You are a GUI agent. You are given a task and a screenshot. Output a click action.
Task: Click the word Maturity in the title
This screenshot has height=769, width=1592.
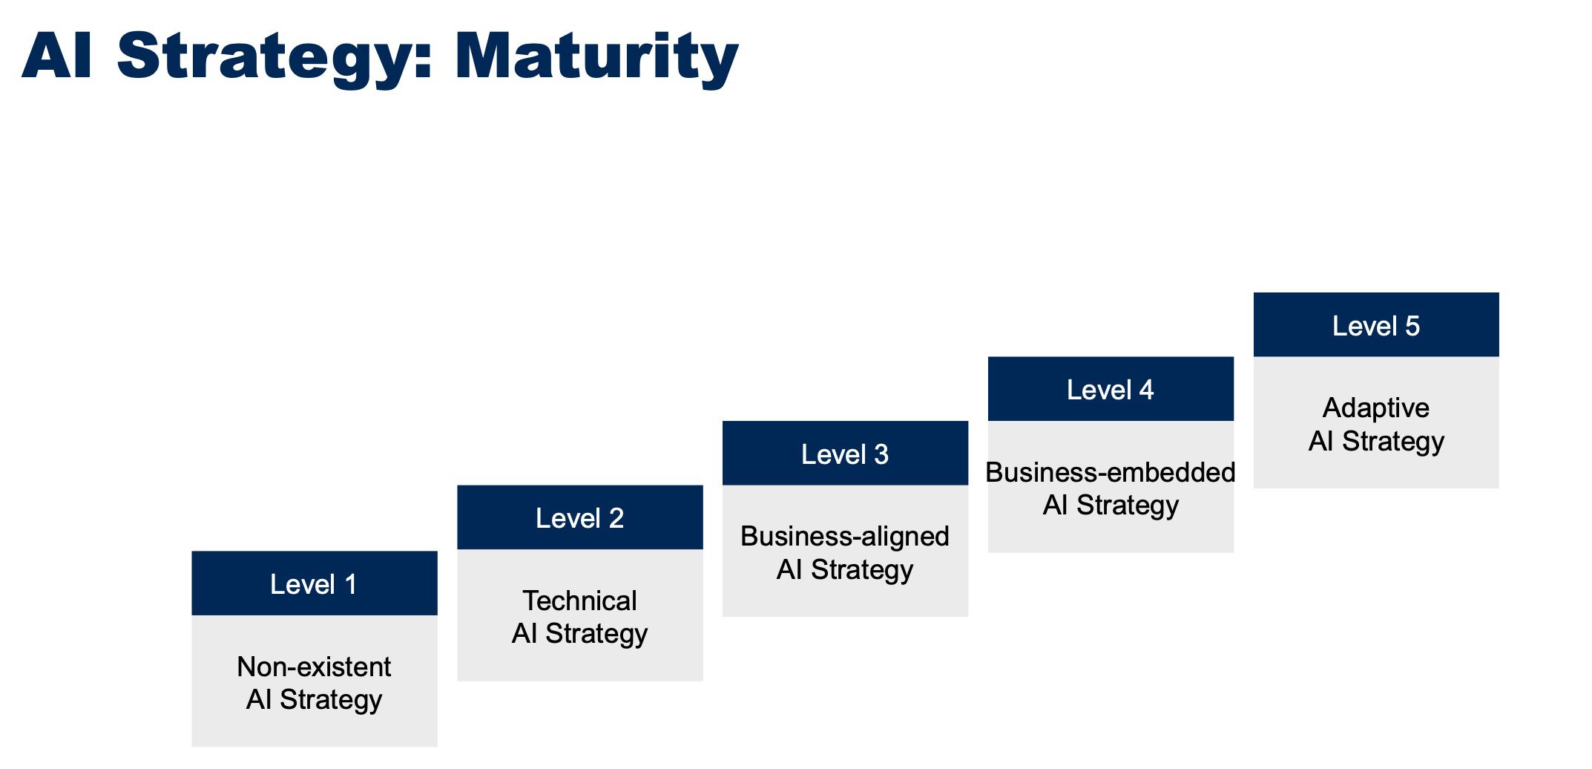click(596, 57)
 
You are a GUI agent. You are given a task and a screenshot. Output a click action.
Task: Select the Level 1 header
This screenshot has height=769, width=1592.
click(315, 583)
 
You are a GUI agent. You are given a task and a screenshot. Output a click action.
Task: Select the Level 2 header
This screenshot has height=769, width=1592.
click(580, 517)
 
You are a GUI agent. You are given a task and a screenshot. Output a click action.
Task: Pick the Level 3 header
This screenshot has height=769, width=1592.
click(846, 454)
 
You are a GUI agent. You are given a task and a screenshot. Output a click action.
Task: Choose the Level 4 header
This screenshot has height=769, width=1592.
click(1111, 389)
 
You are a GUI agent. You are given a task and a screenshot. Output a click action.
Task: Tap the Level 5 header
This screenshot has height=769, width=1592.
click(1377, 325)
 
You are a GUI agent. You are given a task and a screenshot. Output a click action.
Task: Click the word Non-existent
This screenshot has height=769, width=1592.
click(314, 667)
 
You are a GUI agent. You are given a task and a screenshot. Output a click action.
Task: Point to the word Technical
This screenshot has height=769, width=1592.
click(579, 601)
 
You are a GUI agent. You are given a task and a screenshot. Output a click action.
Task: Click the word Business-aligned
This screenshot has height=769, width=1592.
click(845, 537)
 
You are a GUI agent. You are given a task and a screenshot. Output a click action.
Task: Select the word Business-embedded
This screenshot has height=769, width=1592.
click(1111, 472)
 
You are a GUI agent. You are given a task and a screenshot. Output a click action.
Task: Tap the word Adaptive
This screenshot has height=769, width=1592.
click(1376, 408)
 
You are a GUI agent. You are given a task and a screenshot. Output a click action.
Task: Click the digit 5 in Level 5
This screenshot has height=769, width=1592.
click(1412, 326)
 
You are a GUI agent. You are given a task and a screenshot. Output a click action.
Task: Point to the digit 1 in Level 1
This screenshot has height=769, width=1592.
click(351, 584)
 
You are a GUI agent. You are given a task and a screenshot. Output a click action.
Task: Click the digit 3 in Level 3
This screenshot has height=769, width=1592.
click(881, 454)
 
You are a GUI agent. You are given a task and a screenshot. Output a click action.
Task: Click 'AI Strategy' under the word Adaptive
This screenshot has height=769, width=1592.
click(1376, 442)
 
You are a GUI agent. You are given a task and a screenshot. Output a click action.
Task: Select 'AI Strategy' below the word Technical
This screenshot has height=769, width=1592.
click(579, 634)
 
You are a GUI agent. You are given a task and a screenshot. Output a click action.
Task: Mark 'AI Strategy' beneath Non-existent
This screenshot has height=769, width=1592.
click(314, 700)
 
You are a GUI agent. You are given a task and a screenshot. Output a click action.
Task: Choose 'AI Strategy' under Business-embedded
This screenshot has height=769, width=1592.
click(1111, 505)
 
